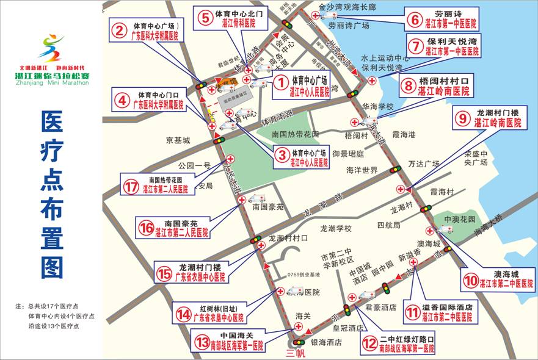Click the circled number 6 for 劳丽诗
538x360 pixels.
414,18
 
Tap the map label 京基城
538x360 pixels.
178,140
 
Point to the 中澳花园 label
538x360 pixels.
459,218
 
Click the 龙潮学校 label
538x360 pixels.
336,228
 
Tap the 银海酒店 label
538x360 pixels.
326,343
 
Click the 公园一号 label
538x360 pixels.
194,165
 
